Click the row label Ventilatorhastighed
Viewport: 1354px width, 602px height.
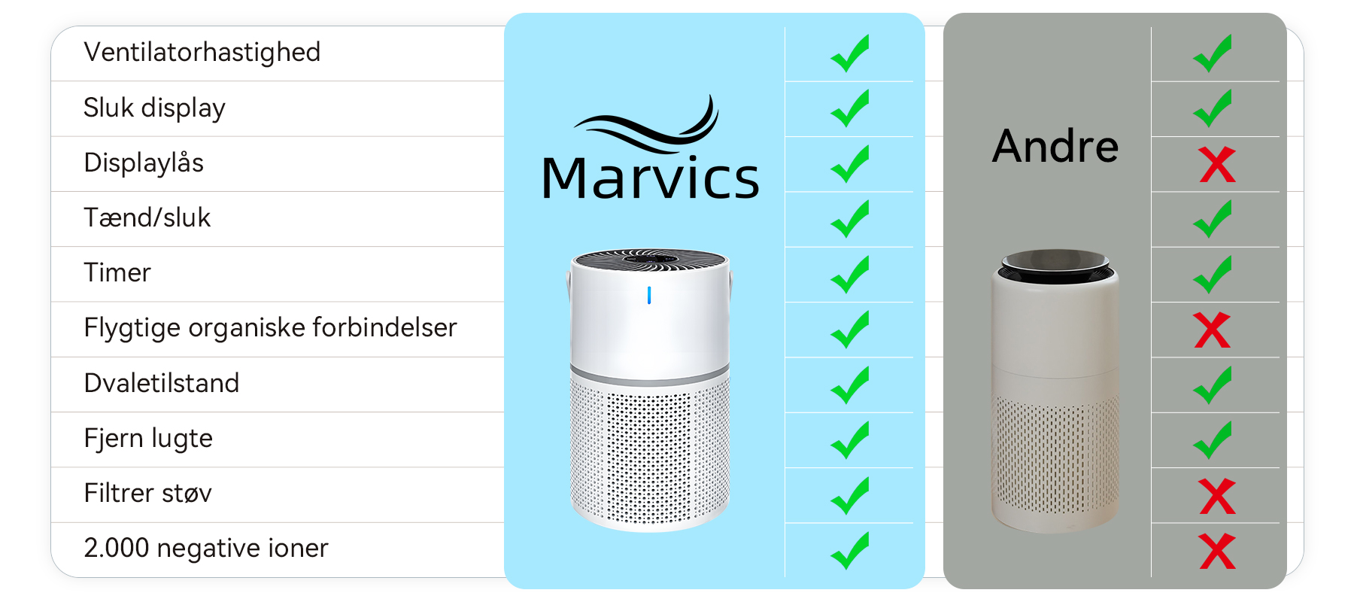[x=202, y=53]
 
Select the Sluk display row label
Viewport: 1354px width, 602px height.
[x=154, y=108]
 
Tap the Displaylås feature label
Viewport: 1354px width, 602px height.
[x=144, y=163]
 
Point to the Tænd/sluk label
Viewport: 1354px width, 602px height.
[x=147, y=218]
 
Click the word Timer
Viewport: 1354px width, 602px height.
[x=117, y=273]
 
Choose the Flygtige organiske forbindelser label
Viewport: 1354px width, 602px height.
[x=270, y=328]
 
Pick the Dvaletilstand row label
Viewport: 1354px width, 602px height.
[x=161, y=383]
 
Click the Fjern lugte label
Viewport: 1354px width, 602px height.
[x=148, y=438]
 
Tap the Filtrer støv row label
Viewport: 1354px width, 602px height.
[x=147, y=494]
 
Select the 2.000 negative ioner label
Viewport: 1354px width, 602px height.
[x=206, y=549]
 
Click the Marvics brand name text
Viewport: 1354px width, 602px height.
[x=650, y=179]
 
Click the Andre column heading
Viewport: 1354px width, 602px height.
[x=1055, y=146]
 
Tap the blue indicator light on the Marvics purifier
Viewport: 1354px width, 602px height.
[x=649, y=296]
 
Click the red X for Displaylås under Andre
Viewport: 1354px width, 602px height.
[x=1217, y=165]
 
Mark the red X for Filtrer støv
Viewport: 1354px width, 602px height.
[x=1217, y=497]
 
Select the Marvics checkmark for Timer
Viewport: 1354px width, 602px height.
[x=850, y=275]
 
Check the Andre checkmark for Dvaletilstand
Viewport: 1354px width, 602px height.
[x=1213, y=385]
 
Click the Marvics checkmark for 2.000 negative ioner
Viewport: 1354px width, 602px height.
[x=850, y=551]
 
